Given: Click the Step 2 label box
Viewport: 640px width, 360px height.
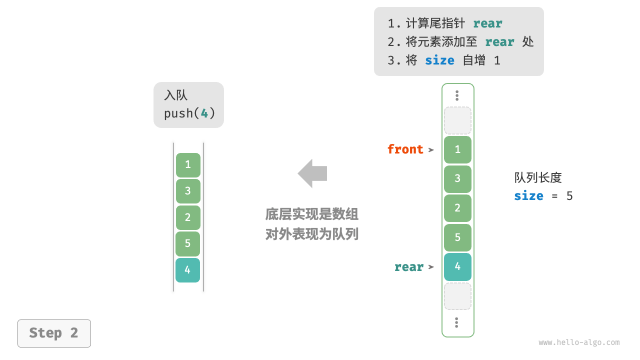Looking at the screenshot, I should (54, 333).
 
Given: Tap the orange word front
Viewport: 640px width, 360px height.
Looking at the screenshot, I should (405, 149).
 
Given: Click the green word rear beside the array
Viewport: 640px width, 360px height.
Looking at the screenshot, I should (408, 267).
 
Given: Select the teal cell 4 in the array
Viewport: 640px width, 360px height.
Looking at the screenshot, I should (457, 266).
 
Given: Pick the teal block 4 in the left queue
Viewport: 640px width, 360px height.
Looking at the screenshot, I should (187, 270).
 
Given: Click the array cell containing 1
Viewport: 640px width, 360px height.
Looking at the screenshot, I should (457, 149).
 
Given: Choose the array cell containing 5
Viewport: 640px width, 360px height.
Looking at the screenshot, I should (457, 237).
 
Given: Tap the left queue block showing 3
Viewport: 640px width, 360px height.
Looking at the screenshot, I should (187, 191).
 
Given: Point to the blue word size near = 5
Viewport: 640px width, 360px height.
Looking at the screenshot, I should (528, 195).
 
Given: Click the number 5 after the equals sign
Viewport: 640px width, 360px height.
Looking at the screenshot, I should (569, 195).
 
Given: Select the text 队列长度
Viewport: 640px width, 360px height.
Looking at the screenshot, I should (538, 177).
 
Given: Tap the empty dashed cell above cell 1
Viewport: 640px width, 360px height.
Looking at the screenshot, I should (457, 120).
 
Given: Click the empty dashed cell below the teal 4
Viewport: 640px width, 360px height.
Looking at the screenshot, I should (457, 296).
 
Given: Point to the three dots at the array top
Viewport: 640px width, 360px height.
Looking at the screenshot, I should (457, 95).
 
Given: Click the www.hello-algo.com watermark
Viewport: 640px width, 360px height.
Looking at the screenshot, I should (579, 342).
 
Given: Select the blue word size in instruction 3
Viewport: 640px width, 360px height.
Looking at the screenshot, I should (439, 60).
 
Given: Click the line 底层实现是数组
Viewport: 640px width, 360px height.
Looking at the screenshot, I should (312, 214).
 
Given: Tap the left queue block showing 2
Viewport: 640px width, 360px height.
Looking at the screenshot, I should (187, 217).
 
